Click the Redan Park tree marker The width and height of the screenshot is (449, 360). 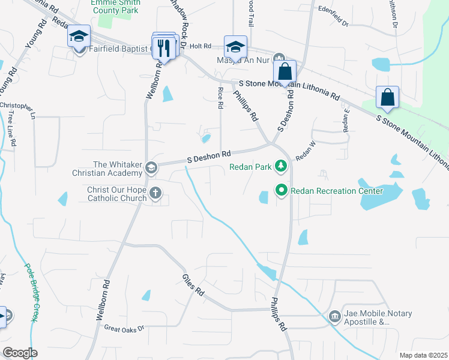280,166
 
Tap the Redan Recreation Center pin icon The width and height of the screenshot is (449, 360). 280,191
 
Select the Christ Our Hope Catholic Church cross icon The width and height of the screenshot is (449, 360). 155,193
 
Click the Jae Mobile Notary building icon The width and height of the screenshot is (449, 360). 334,316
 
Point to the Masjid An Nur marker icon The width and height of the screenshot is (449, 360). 278,59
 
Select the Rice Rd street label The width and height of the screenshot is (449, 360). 220,98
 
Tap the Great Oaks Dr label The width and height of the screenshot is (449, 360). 125,328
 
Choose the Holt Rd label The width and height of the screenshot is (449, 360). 202,45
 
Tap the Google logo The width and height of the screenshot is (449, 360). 19,353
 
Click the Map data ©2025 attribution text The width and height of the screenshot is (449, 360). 423,355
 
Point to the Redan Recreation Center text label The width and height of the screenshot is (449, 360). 337,191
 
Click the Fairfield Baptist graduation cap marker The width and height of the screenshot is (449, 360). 79,37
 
